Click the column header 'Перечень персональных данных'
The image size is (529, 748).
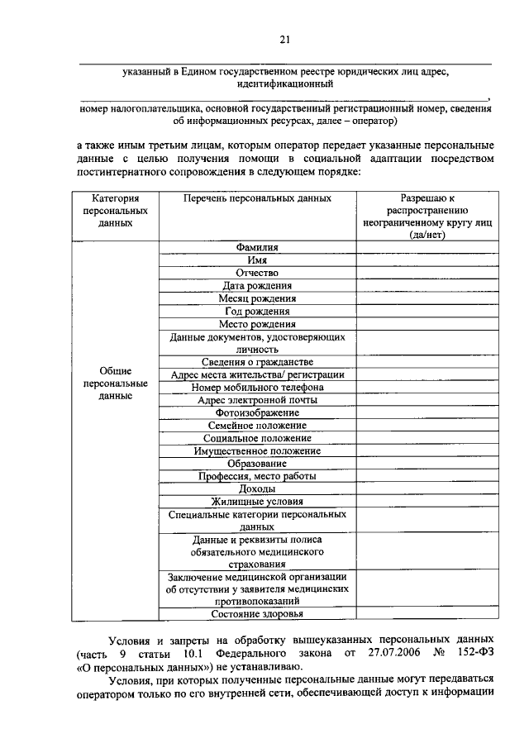click(257, 199)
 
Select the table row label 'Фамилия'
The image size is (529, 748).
click(257, 247)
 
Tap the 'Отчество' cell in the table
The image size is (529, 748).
click(257, 273)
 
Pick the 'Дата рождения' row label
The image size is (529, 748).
click(257, 286)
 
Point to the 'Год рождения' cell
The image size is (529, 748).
click(257, 312)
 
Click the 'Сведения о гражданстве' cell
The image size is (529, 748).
click(257, 362)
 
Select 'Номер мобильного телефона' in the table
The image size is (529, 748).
click(257, 387)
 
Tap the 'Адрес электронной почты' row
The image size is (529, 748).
click(257, 400)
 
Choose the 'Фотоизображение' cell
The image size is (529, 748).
click(257, 412)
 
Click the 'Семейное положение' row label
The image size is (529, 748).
click(257, 425)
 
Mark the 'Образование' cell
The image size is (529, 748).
click(257, 464)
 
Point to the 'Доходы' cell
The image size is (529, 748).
click(257, 488)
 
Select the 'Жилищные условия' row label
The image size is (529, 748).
click(257, 501)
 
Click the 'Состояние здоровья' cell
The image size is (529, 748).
click(257, 614)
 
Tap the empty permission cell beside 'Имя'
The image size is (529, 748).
click(427, 260)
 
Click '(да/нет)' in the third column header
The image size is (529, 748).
click(427, 235)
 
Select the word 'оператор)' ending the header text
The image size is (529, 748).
click(374, 121)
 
